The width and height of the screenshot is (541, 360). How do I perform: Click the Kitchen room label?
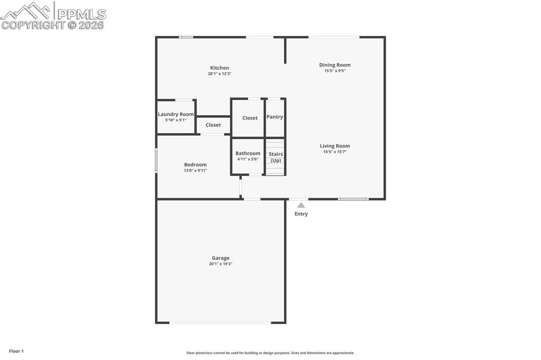220,68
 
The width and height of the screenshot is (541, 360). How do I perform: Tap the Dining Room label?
334,65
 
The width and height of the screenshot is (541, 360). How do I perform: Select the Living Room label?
334,146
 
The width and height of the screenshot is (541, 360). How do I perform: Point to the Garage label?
220,258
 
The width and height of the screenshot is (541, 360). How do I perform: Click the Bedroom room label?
195,165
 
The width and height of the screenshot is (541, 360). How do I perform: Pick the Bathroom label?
248,154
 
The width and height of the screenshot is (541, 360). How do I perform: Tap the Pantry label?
275,117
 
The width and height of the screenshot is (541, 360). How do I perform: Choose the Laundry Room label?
176,115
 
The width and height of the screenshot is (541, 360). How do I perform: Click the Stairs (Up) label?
276,157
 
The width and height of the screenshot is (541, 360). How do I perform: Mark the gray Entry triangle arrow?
301,205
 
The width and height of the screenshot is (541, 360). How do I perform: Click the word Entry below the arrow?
301,214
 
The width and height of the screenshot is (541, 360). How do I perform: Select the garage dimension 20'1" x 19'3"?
220,264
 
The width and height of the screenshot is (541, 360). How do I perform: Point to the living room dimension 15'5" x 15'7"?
334,152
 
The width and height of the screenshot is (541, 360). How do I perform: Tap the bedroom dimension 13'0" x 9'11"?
195,170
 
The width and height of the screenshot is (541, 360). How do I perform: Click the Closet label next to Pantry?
250,118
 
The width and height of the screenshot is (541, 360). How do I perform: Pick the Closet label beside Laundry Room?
213,125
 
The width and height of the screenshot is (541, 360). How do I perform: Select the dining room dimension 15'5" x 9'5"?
334,71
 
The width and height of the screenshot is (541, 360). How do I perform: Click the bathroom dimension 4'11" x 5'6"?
248,159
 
